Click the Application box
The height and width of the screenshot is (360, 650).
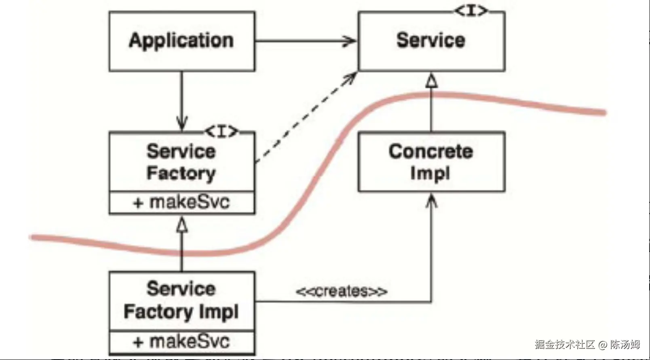(x=181, y=41)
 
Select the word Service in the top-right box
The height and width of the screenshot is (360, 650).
(x=431, y=40)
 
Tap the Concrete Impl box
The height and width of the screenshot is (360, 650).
(x=431, y=162)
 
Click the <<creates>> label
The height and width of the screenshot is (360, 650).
(x=342, y=291)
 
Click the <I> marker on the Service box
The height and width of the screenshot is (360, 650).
(x=471, y=11)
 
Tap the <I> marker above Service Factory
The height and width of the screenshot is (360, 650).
(x=222, y=131)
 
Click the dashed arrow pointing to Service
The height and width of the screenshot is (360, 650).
(x=305, y=117)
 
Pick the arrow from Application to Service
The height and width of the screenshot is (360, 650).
(x=305, y=41)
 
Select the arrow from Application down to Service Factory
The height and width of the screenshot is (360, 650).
(x=181, y=101)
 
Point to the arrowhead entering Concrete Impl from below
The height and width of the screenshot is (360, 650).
(x=431, y=200)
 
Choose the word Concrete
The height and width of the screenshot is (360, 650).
(x=431, y=152)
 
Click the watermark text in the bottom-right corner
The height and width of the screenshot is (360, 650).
(x=587, y=345)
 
